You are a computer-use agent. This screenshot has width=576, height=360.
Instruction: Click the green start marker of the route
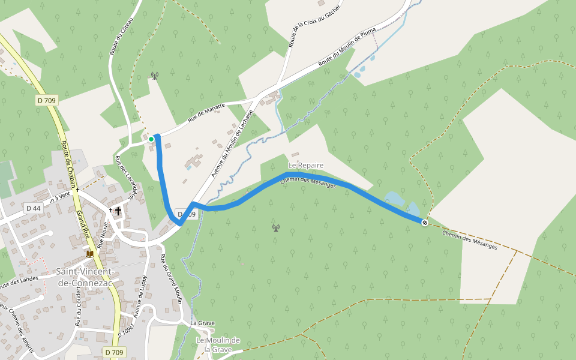tap(151, 139)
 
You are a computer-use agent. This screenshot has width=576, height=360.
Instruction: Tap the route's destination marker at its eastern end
tap(425, 223)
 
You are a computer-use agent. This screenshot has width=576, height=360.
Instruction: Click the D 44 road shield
tap(33, 208)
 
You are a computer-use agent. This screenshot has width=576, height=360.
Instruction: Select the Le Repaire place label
tap(306, 165)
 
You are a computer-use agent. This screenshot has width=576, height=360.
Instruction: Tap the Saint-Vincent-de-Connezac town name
tap(88, 277)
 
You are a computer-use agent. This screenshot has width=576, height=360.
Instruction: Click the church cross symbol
tap(118, 211)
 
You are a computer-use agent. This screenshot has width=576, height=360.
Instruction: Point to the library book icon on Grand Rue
tap(90, 254)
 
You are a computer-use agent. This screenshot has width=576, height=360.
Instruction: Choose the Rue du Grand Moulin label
tap(171, 279)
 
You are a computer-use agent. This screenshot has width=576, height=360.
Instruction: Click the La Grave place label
tap(202, 323)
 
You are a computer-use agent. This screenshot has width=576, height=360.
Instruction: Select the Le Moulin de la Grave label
tap(218, 344)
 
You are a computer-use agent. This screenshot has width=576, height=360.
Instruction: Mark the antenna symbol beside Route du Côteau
tap(155, 76)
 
